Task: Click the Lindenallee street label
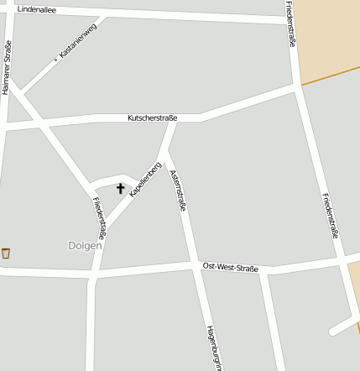37,8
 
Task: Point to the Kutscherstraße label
152,118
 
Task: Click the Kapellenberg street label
145,179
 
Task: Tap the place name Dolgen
85,246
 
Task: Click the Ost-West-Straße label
231,266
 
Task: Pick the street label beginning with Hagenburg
211,347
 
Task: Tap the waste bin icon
6,253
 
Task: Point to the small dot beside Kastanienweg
56,59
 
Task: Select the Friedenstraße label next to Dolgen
99,217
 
